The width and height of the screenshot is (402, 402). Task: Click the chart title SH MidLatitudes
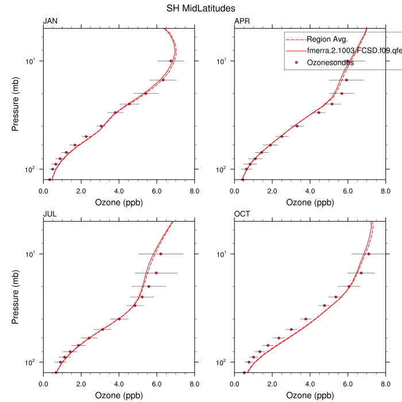[200, 8]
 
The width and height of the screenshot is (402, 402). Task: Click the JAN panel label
[51, 21]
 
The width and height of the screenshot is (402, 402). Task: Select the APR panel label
[242, 21]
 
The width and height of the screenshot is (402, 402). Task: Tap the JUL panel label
[50, 214]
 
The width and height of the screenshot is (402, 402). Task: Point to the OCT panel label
[242, 214]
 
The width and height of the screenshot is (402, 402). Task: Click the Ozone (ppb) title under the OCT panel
[310, 396]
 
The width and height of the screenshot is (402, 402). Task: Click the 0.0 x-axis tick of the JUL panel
[43, 383]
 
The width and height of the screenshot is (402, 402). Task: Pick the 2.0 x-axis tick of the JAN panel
[81, 190]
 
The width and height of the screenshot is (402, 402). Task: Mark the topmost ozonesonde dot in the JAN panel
[171, 61]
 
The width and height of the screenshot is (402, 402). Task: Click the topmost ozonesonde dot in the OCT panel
[369, 254]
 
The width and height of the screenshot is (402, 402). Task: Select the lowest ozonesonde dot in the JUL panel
[56, 373]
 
